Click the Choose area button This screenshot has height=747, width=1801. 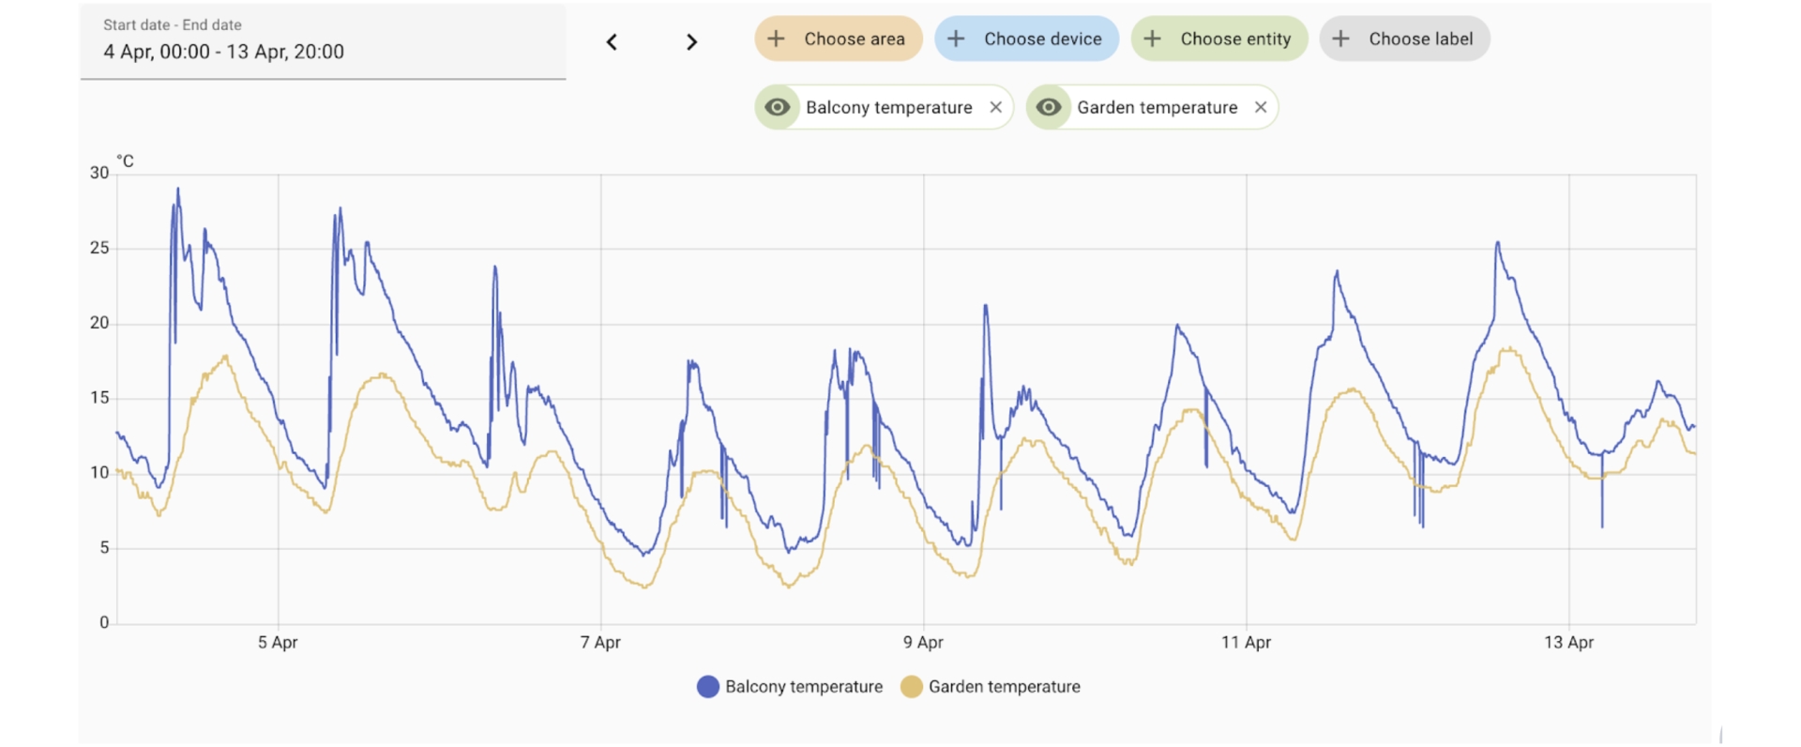tap(838, 39)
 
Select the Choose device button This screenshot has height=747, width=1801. tap(1026, 39)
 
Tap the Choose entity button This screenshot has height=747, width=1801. tap(1218, 39)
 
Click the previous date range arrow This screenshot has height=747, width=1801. tap(612, 42)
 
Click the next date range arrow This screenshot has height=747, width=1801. tap(691, 42)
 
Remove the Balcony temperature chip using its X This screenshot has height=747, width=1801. tap(996, 107)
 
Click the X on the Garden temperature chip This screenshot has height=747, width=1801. tap(1261, 107)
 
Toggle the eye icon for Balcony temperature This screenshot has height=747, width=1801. tap(777, 107)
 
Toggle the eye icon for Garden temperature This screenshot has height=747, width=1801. tap(1049, 107)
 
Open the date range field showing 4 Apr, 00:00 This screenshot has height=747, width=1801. tap(323, 42)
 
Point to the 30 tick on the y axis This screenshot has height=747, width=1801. tap(99, 173)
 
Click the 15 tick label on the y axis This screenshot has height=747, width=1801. tap(99, 398)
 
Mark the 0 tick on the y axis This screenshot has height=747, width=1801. tap(104, 622)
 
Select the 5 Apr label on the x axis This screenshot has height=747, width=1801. tap(278, 643)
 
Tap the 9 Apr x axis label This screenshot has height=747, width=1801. tap(923, 643)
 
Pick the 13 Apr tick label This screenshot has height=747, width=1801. tap(1568, 643)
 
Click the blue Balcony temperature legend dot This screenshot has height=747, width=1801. tap(708, 687)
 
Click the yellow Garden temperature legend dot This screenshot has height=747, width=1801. tap(911, 687)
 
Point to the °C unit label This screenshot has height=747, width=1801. tap(125, 161)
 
